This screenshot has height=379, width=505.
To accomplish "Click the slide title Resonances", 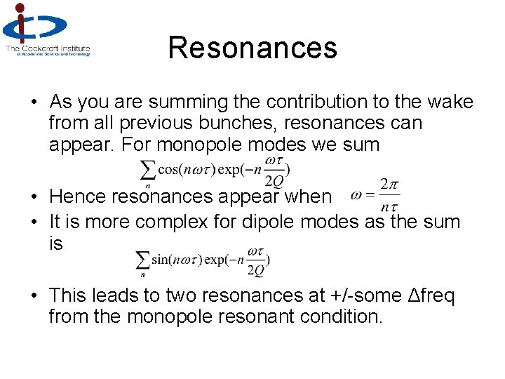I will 252,48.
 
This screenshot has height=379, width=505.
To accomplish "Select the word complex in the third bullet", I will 166,222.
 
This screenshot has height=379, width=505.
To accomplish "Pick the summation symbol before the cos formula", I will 148,170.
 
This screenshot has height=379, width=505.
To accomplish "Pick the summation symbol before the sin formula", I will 142,260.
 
